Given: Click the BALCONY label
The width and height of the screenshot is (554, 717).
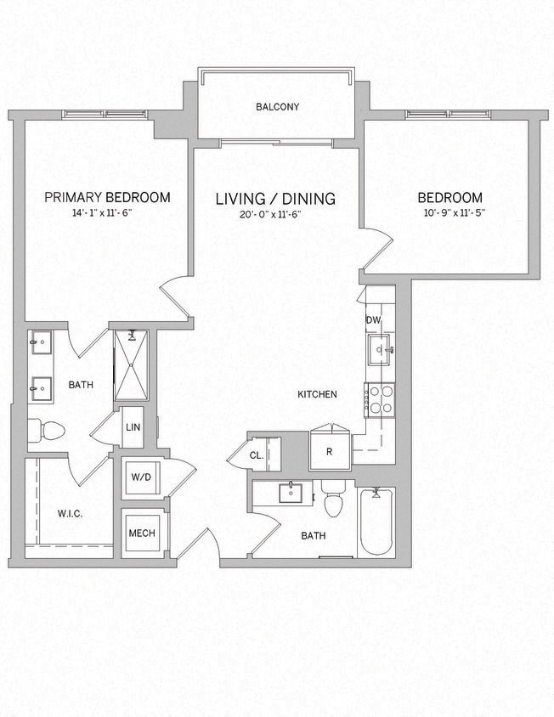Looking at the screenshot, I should [x=278, y=107].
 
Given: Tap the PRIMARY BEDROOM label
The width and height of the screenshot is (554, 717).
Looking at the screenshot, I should [x=107, y=197].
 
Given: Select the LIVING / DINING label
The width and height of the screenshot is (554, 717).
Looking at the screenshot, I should [x=275, y=199].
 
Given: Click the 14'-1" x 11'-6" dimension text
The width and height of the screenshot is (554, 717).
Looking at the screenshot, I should [x=107, y=213].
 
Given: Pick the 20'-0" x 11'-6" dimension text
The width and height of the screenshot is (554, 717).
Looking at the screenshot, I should [x=272, y=215].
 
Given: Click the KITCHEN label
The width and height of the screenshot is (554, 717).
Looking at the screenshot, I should [x=317, y=394].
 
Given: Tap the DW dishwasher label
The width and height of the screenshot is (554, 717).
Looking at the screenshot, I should [x=373, y=319].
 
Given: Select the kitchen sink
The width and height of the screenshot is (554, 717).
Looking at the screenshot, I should [x=380, y=346].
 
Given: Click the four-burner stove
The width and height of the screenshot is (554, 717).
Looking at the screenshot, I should [x=380, y=398].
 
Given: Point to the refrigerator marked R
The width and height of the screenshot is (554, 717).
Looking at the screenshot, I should [x=329, y=451].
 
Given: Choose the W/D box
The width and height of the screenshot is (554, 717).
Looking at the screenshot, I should [x=140, y=477].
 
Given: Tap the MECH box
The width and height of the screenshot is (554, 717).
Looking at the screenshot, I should [x=140, y=533].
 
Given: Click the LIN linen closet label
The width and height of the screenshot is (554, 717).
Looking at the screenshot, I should [x=133, y=427].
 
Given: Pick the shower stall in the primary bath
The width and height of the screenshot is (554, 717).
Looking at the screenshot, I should [x=131, y=365].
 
